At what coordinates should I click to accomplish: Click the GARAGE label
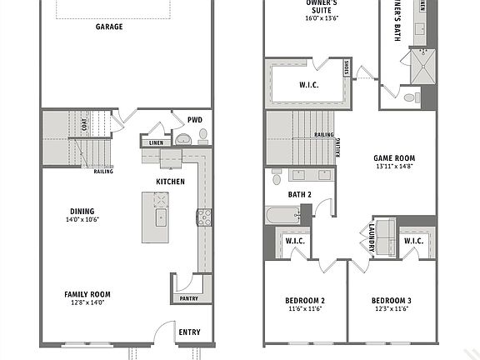coord(108,27)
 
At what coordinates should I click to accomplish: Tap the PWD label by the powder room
coord(194,119)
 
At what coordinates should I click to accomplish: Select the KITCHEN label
coord(170,182)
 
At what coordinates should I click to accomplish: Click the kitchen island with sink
coord(156,217)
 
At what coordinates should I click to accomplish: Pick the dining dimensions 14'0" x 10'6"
coord(82,220)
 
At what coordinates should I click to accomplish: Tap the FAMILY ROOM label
coord(87,294)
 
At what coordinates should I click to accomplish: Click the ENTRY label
coord(188,332)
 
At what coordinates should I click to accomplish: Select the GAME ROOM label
coord(393,157)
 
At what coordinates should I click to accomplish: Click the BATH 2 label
coord(299,194)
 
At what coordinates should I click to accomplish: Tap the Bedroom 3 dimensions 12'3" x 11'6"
coord(391,309)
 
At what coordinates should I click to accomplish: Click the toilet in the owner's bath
coord(408,99)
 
